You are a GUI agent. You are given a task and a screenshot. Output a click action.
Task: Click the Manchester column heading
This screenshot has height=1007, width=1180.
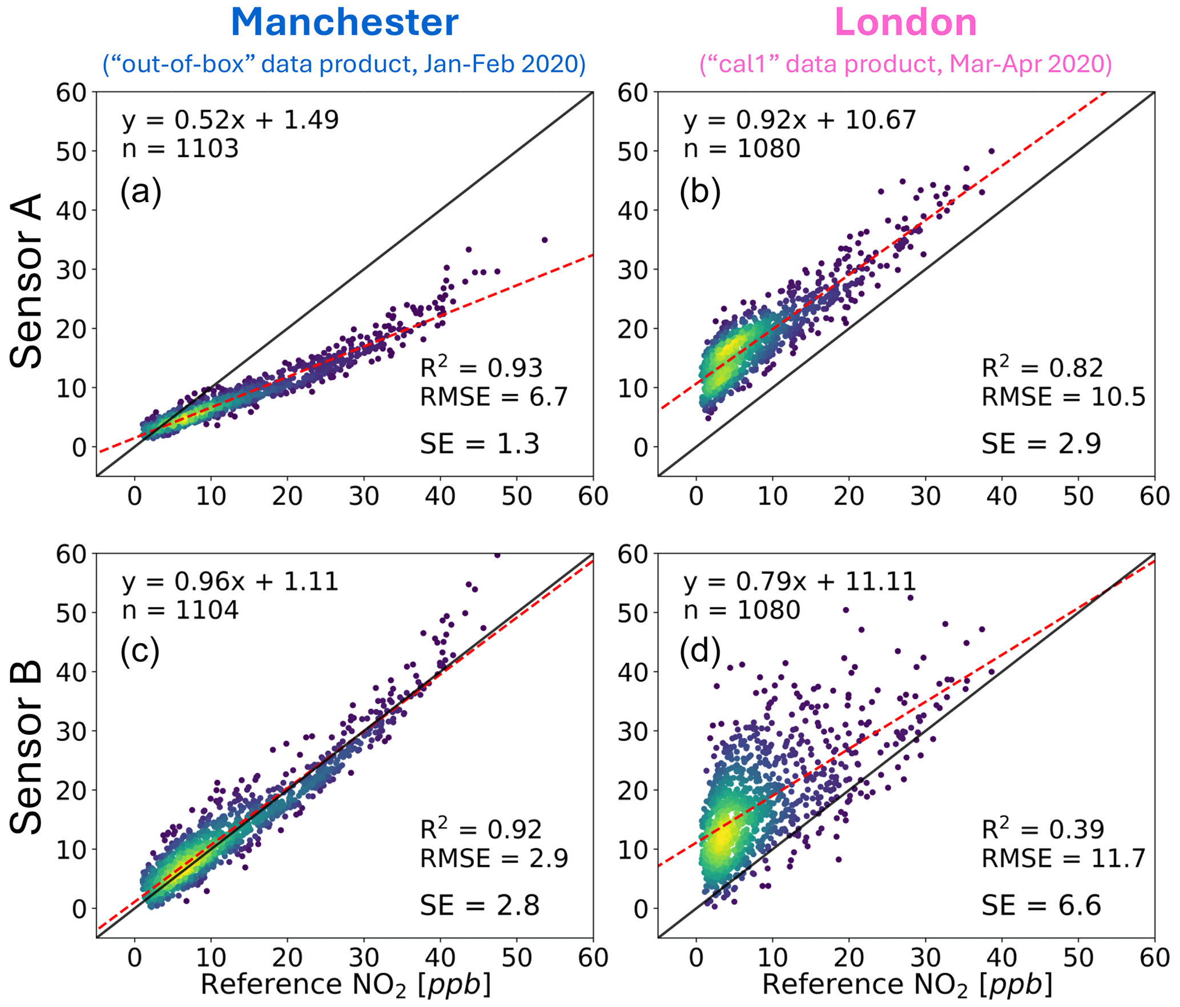point(344,23)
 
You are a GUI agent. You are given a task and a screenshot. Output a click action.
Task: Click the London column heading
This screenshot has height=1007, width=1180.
point(905,23)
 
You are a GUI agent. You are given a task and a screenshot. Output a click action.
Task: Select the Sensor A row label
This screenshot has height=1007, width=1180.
point(26,281)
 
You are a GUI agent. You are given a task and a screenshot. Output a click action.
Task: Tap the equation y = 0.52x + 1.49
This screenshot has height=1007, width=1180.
point(230,120)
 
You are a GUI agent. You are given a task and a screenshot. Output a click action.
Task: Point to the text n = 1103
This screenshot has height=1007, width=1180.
point(180,148)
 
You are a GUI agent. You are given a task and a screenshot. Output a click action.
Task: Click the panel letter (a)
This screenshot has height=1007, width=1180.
point(140,192)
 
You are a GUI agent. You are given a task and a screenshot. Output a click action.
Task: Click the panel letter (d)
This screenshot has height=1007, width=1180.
point(700,651)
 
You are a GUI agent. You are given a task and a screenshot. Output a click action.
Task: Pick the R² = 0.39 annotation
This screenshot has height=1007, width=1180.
point(1042,828)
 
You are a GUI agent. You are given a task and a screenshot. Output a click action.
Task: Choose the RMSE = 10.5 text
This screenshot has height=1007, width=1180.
point(1063,397)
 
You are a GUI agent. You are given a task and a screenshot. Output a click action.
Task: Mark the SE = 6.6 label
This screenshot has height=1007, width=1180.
point(1041,905)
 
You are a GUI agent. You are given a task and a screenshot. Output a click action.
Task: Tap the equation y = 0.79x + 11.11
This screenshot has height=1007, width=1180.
point(799,582)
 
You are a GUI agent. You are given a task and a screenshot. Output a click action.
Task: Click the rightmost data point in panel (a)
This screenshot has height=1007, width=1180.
point(545,240)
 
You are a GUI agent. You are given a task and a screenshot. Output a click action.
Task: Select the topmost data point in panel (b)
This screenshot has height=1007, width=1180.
point(992,151)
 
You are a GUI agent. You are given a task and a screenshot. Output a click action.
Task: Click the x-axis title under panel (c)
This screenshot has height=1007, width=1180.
point(345,985)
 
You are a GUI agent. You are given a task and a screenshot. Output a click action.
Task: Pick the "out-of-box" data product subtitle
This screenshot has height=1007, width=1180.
point(344,64)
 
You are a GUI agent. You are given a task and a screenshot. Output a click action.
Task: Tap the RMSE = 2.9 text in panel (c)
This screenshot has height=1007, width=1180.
point(494,858)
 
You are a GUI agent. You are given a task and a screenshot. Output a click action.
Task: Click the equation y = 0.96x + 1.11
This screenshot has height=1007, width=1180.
point(230,582)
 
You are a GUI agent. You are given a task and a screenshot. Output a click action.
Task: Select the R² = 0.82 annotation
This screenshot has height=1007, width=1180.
point(1042,367)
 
